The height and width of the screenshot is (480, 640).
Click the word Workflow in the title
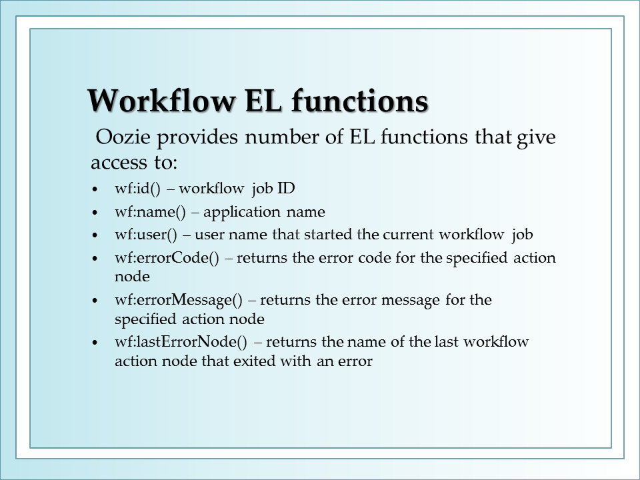161,100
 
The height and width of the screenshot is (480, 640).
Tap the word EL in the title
263,100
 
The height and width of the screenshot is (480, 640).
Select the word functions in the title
360,100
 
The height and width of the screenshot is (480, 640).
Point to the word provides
197,137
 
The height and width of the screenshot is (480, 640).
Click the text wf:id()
137,189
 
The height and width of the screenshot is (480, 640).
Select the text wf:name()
150,212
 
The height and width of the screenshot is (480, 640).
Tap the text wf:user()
146,235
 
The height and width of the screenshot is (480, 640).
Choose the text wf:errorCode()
167,258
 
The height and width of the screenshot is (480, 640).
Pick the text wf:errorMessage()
179,300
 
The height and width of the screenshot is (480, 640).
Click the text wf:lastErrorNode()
181,341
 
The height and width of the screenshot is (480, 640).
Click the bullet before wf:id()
95,189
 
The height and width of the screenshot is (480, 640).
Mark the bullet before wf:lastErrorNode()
95,343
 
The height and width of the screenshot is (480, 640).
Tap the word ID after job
286,188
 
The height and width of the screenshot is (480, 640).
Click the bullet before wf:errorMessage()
95,301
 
